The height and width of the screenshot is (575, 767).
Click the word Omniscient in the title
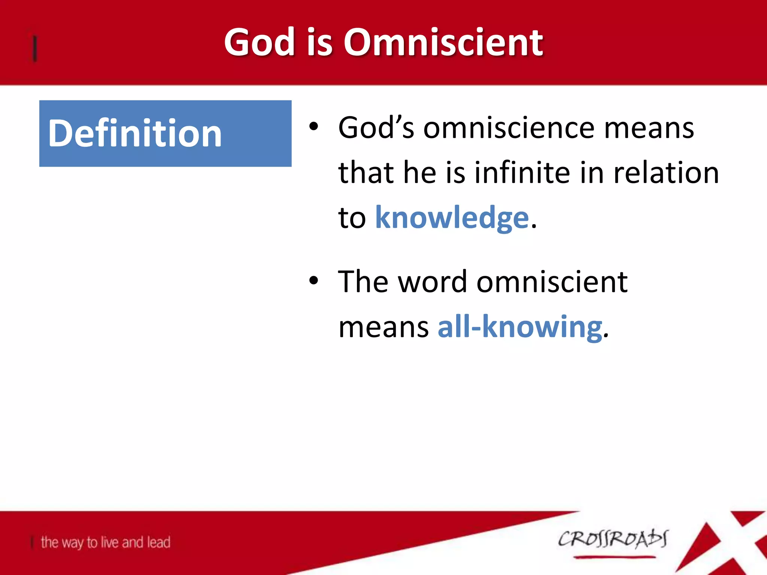(443, 42)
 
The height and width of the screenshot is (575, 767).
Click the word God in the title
(259, 42)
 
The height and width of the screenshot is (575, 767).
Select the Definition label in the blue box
(135, 133)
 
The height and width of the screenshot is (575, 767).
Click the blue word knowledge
(452, 217)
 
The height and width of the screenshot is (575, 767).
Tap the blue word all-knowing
(520, 327)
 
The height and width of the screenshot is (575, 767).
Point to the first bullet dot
(313, 127)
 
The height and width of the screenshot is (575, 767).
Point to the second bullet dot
(313, 280)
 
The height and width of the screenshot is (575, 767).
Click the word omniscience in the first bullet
(509, 128)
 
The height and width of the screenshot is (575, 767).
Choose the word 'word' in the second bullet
(432, 282)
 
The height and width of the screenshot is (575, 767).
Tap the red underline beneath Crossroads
(614, 557)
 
